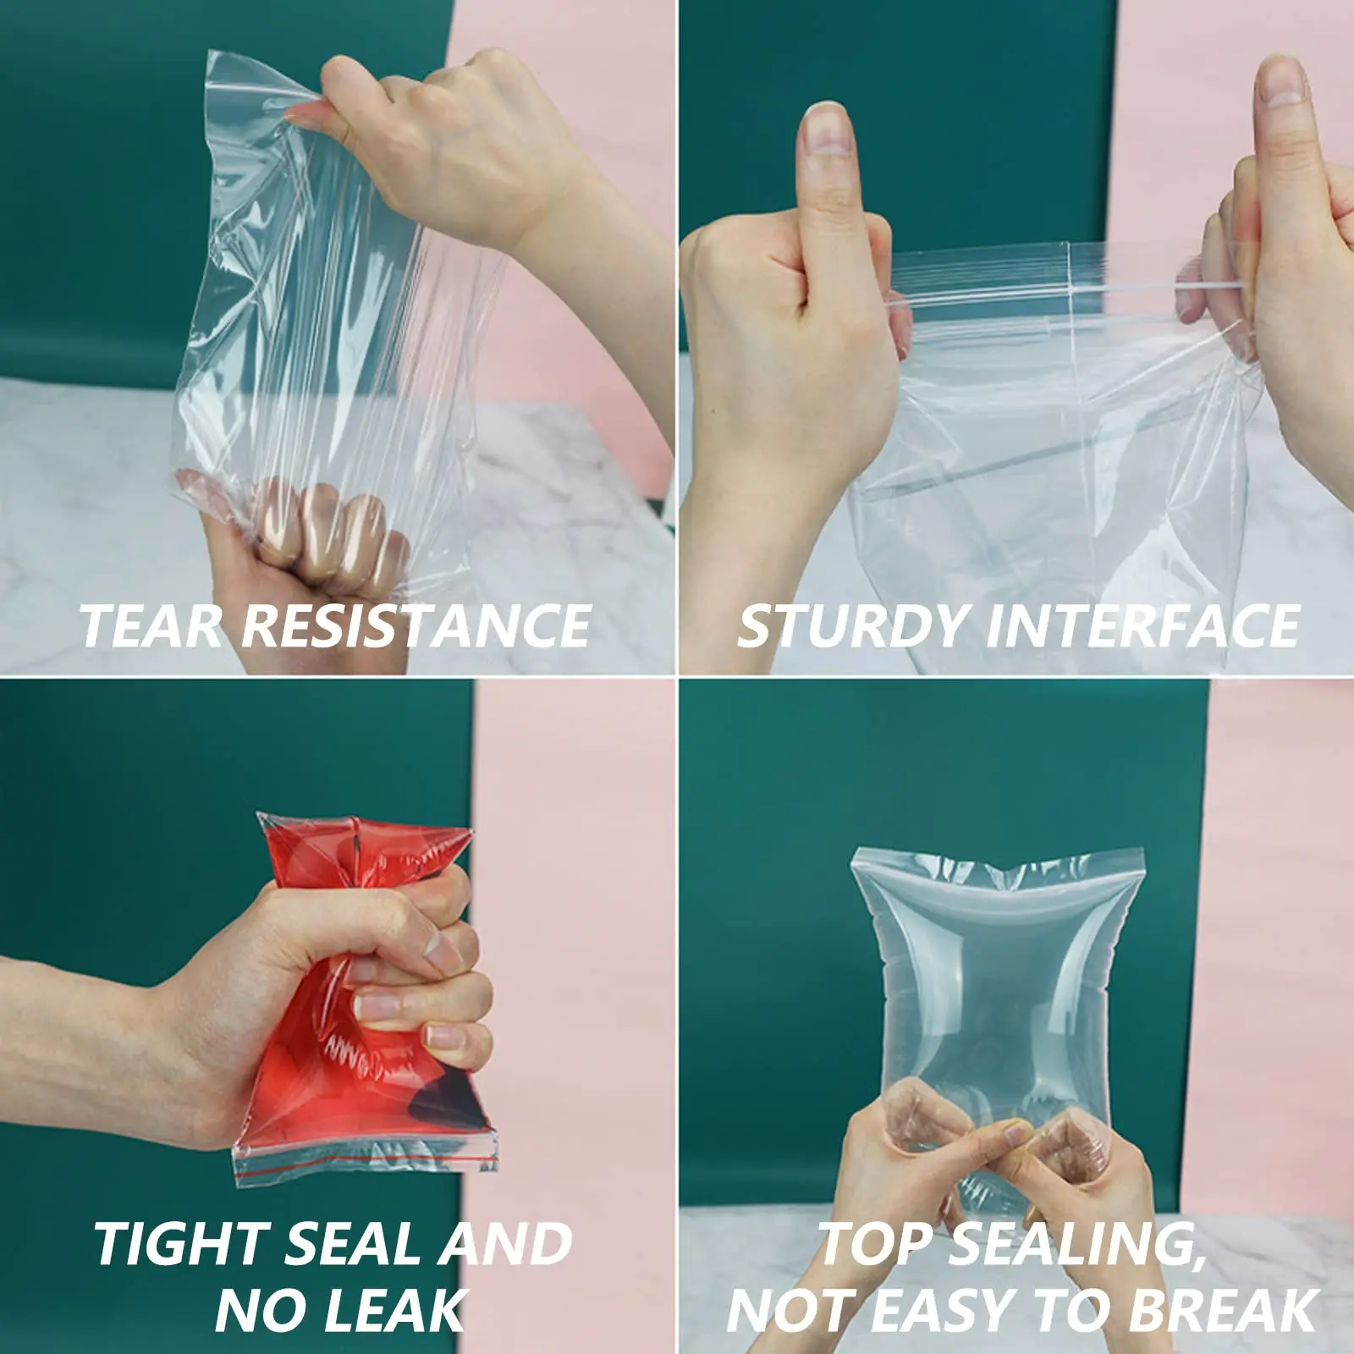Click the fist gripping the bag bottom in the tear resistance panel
313,542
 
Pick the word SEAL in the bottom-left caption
351,1244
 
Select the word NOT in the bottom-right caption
787,1311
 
